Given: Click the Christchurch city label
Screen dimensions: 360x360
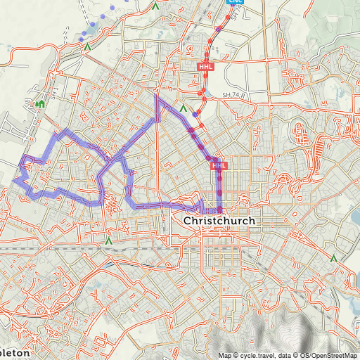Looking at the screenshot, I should click(x=219, y=221).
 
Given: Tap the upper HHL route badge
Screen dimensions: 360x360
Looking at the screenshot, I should click(x=205, y=67).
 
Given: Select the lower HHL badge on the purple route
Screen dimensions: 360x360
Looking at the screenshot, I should click(x=219, y=165).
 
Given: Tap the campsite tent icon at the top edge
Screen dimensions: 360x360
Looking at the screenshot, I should click(x=155, y=6).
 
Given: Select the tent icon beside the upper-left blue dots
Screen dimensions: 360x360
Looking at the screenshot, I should click(x=87, y=47).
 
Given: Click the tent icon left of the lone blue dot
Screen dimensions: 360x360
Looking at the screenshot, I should click(x=183, y=109).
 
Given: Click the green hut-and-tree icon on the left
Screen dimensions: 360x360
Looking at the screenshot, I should click(x=40, y=105).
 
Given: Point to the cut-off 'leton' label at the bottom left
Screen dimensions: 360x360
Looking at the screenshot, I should click(x=14, y=352).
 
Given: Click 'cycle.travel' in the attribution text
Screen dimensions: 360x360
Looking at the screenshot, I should click(x=255, y=355).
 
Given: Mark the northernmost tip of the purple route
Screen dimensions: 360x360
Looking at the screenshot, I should click(x=156, y=96).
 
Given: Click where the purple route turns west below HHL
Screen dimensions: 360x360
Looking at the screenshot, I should click(x=219, y=210).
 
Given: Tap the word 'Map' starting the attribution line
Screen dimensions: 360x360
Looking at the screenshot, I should click(x=224, y=355).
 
